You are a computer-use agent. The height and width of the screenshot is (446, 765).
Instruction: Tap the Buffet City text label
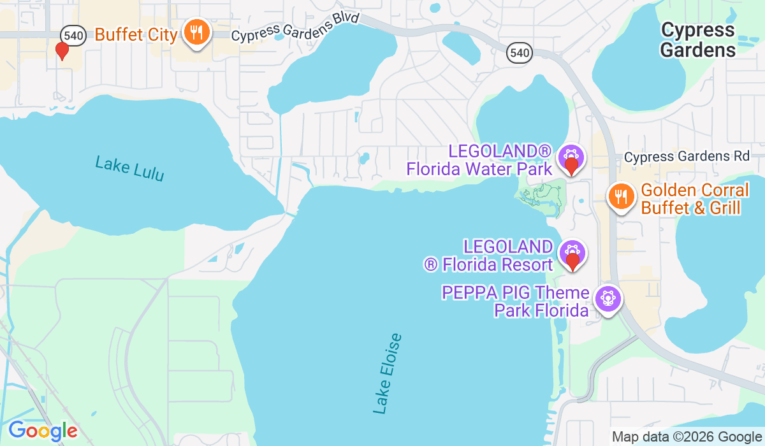pyautogui.click(x=136, y=34)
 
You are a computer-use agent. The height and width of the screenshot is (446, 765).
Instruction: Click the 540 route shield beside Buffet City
pyautogui.click(x=74, y=35)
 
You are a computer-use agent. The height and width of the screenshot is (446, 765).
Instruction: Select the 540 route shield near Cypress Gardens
pyautogui.click(x=520, y=53)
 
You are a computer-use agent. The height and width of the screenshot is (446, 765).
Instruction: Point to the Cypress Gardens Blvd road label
pyautogui.click(x=296, y=27)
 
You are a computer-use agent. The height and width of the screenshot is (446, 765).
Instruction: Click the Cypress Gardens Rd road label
pyautogui.click(x=688, y=157)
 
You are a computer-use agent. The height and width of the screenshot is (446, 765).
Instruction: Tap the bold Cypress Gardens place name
pyautogui.click(x=698, y=40)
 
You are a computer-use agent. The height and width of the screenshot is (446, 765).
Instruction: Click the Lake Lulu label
pyautogui.click(x=129, y=168)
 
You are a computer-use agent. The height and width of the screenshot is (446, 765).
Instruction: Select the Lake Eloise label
pyautogui.click(x=388, y=373)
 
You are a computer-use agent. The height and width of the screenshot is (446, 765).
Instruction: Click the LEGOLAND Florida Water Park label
pyautogui.click(x=479, y=160)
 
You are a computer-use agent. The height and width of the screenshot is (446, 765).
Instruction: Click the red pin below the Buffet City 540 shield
pyautogui.click(x=62, y=50)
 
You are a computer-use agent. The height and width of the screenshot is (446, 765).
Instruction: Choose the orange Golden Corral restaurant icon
pyautogui.click(x=620, y=196)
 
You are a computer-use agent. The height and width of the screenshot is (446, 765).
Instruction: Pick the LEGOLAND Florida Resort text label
pyautogui.click(x=488, y=255)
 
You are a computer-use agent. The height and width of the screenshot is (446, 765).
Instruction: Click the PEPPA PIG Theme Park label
pyautogui.click(x=515, y=301)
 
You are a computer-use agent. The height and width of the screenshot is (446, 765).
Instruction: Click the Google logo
pyautogui.click(x=43, y=431)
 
